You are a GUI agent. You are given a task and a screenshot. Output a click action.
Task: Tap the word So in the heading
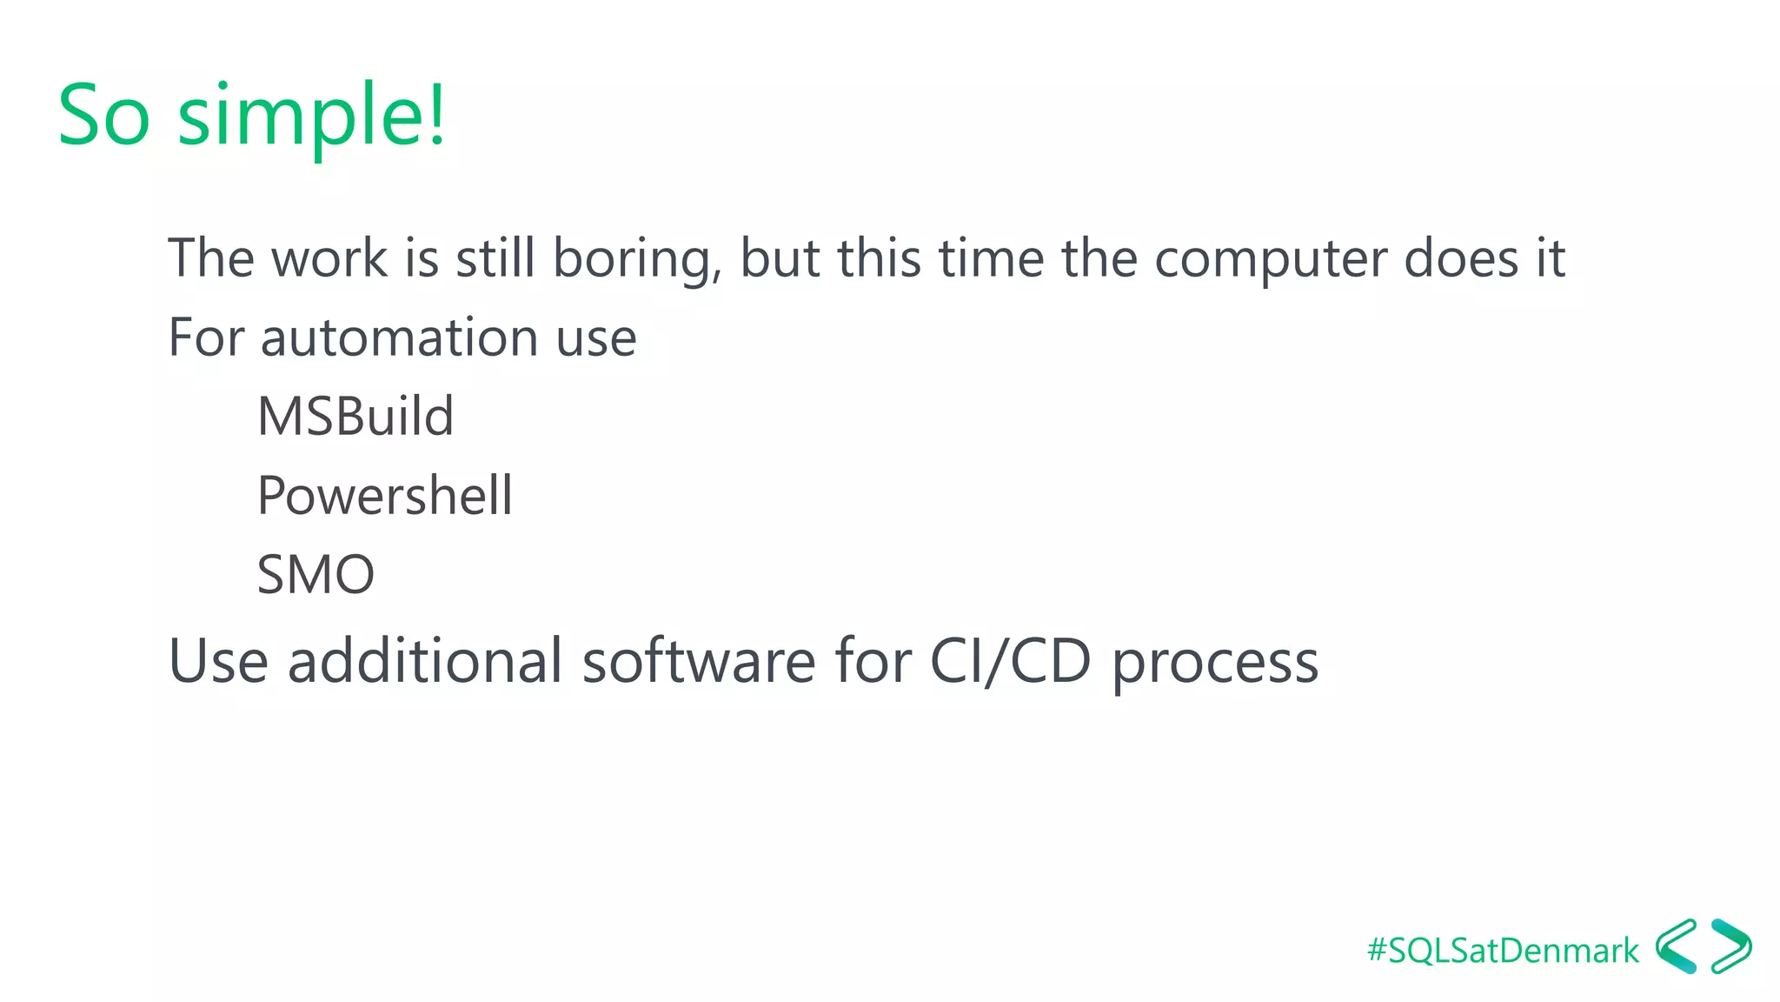pos(103,116)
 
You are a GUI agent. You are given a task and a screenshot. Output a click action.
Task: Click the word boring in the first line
pos(636,259)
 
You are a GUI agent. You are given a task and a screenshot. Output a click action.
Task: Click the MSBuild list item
pos(355,416)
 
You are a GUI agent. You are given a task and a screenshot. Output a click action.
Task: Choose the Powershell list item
pos(384,497)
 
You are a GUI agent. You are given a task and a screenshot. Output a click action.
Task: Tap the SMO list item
pos(315,575)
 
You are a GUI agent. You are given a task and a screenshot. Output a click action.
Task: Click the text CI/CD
pos(1010,662)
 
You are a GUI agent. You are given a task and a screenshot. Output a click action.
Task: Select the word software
pos(699,661)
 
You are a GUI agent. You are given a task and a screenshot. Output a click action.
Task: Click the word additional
pos(425,661)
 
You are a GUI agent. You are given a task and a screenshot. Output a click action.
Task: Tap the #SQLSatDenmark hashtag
pos(1503,951)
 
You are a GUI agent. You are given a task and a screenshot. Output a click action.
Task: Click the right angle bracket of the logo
pos(1731,946)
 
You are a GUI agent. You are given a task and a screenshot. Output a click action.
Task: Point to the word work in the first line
pos(329,258)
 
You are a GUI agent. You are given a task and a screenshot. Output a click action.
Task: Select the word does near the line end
pos(1461,258)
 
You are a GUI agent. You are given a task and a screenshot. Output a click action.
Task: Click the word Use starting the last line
pos(218,661)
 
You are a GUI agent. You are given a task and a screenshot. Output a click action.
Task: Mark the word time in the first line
pos(991,258)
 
